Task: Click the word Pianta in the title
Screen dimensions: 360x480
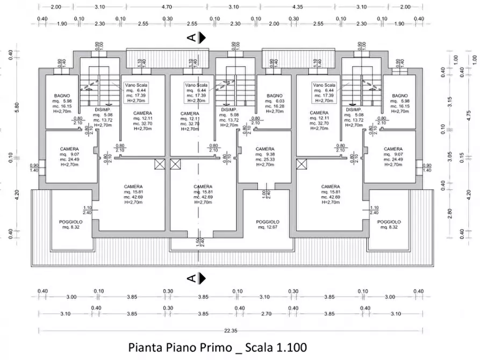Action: [x=145, y=347]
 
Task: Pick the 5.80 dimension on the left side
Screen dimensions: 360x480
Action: [x=17, y=106]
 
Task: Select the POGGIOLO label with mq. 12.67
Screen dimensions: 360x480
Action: [x=267, y=222]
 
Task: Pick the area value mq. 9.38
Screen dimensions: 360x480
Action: [x=265, y=154]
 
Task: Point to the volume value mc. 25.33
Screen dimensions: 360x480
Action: [x=265, y=160]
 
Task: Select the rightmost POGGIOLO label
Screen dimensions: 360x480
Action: [x=389, y=222]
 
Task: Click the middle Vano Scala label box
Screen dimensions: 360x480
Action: [x=196, y=92]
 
